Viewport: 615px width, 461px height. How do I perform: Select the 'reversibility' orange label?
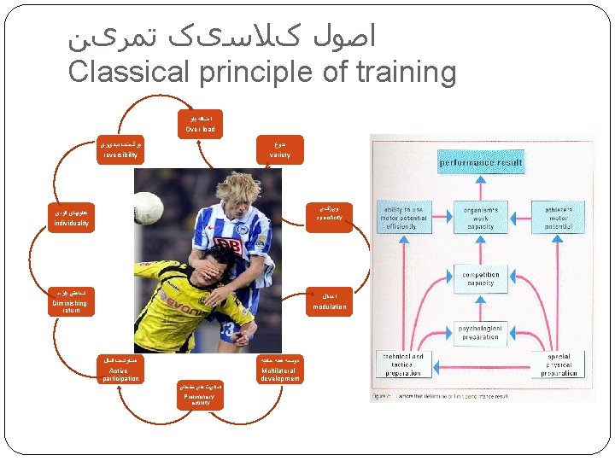coord(120,150)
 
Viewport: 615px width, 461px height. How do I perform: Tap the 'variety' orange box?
coord(279,150)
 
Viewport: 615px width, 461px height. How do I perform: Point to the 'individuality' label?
coord(72,218)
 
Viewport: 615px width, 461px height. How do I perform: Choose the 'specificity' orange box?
coord(328,213)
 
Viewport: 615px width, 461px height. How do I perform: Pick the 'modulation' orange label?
coord(329,301)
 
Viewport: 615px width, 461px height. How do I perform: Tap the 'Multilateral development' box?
coord(280,370)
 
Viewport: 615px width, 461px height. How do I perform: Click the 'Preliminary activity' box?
coord(201,396)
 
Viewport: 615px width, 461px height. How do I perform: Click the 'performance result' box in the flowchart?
coord(481,160)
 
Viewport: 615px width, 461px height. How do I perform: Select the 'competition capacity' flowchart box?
coord(481,278)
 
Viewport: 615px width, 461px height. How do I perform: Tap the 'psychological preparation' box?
coord(481,332)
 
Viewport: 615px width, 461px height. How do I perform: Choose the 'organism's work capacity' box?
coord(481,215)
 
